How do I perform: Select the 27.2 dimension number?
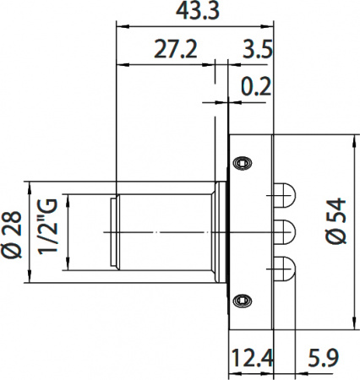pos(175,49)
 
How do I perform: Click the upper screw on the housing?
pos(243,160)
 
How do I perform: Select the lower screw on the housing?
pos(243,298)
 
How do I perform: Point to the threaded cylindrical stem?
pos(165,230)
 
